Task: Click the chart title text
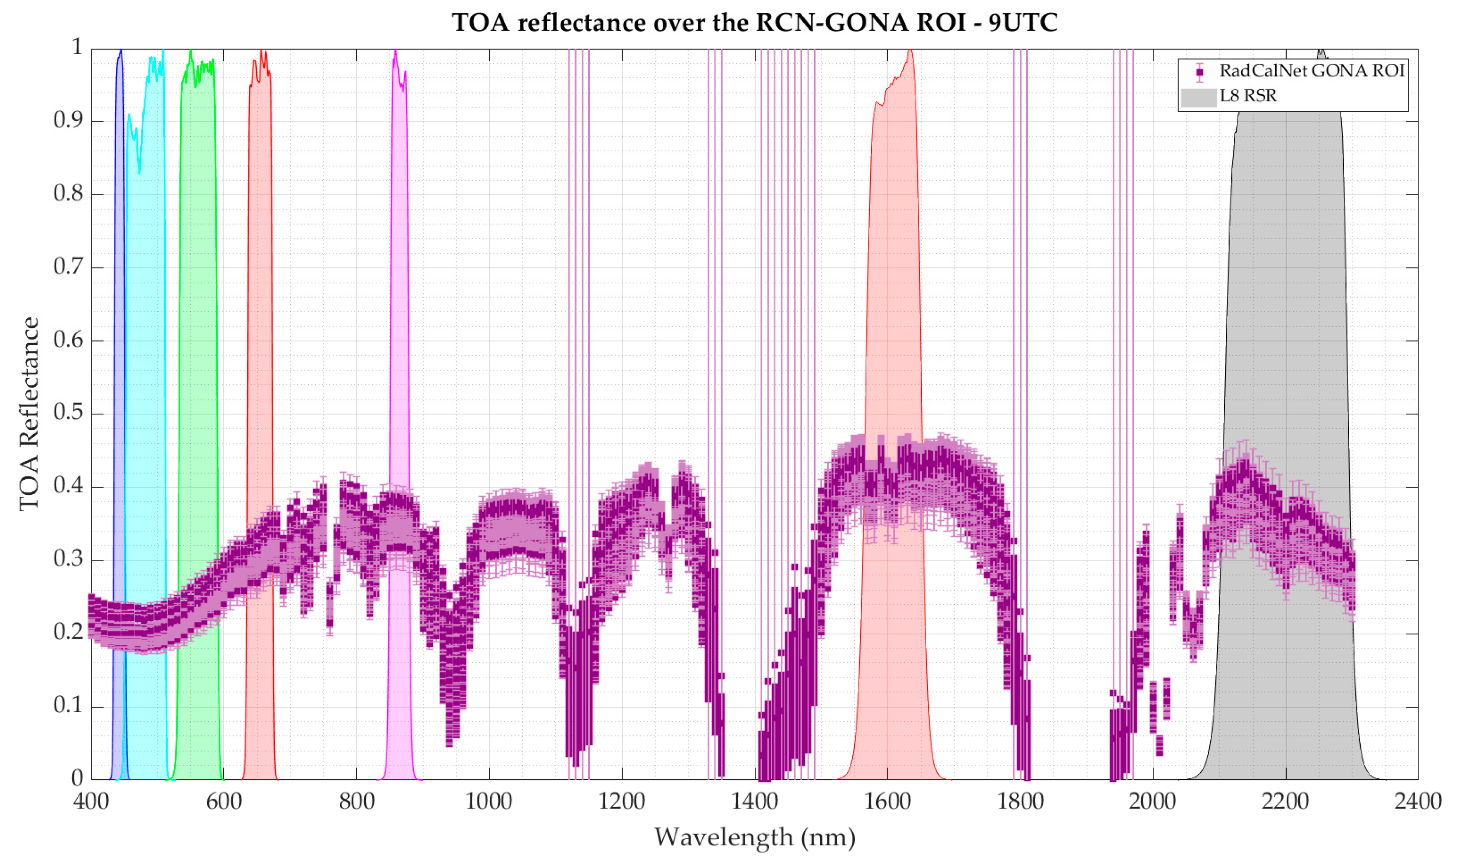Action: pyautogui.click(x=754, y=23)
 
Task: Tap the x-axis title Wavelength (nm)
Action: pyautogui.click(x=754, y=837)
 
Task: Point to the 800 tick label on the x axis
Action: pyautogui.click(x=356, y=802)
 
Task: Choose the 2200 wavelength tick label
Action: pyautogui.click(x=1285, y=802)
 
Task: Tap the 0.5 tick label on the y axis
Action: pyautogui.click(x=68, y=413)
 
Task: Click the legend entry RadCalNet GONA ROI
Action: pyautogui.click(x=1312, y=71)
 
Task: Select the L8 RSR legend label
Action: pyautogui.click(x=1248, y=96)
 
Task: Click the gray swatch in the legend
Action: pyautogui.click(x=1199, y=97)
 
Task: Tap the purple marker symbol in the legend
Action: pyautogui.click(x=1199, y=72)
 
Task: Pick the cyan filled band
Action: pyautogui.click(x=145, y=349)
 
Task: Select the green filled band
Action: pyautogui.click(x=198, y=349)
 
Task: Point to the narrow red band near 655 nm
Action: pyautogui.click(x=260, y=349)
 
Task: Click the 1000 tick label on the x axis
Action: pyautogui.click(x=489, y=802)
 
